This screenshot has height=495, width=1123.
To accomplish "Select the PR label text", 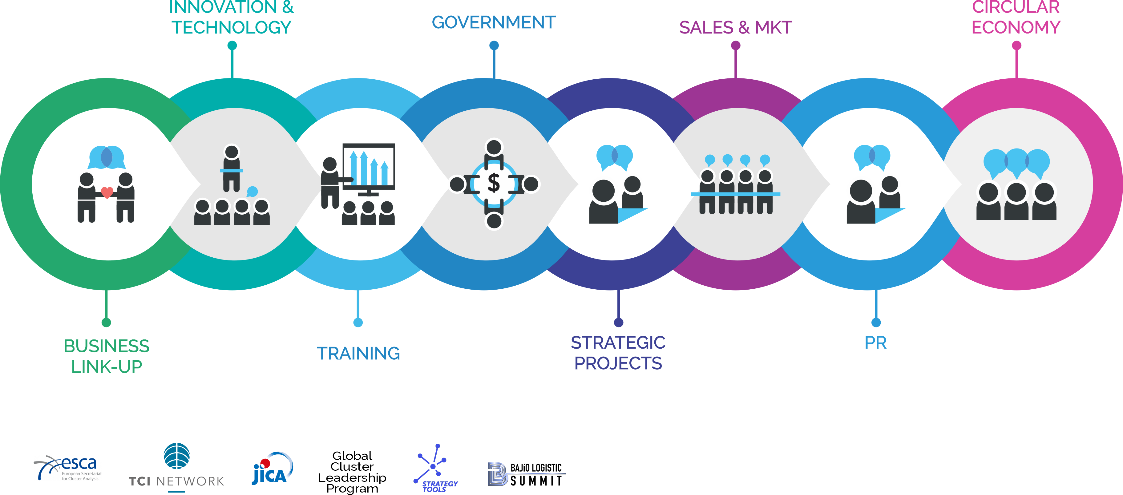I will (875, 343).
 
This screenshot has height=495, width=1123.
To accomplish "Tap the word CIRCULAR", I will (1016, 7).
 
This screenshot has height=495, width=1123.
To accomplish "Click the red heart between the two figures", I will (107, 192).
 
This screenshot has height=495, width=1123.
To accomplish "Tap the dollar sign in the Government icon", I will (494, 183).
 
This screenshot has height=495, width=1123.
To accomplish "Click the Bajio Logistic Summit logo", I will (526, 474).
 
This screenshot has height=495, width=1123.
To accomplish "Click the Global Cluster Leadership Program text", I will (352, 472).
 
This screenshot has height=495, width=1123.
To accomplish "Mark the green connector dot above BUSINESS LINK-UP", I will (106, 323).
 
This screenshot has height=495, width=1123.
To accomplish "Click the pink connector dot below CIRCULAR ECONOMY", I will (1017, 45).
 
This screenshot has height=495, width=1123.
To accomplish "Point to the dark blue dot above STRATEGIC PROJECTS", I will (618, 323).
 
